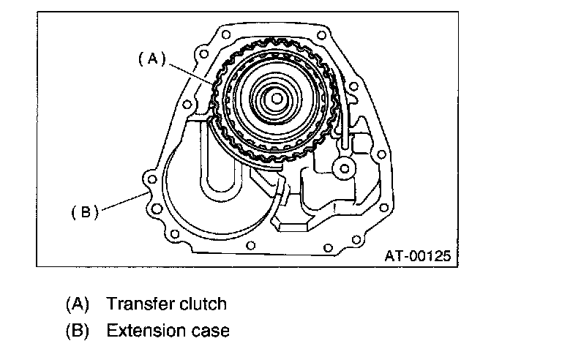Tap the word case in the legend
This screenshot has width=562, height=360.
pos(213,330)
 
